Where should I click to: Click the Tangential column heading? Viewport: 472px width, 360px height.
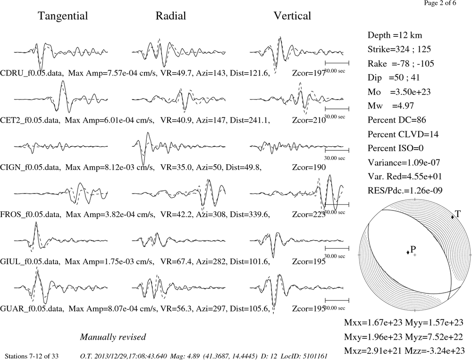(63, 16)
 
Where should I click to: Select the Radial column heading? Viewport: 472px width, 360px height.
(171, 16)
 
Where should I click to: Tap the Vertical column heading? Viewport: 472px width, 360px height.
(292, 16)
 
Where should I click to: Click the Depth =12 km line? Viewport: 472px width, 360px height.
(395, 35)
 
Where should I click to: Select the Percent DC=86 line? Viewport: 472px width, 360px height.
(397, 120)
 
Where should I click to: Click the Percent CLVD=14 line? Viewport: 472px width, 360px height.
(403, 134)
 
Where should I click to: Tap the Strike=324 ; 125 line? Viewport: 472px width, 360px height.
(399, 49)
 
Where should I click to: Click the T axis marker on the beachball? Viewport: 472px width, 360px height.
(453, 217)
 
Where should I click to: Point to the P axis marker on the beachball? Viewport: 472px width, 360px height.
(408, 252)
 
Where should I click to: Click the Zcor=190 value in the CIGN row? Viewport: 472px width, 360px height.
(309, 167)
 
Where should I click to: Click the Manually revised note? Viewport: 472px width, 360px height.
(113, 337)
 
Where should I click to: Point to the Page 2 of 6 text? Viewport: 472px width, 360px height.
(440, 3)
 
